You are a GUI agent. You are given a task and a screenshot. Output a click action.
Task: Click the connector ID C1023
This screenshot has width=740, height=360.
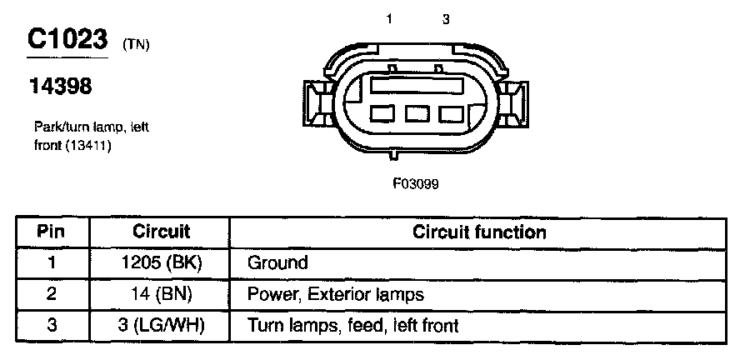(68, 39)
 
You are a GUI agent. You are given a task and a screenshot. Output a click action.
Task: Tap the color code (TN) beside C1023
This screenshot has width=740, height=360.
(135, 45)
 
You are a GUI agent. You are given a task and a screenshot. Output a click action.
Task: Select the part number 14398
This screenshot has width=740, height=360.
(62, 85)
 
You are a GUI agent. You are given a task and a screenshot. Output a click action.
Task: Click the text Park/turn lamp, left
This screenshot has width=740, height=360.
(91, 127)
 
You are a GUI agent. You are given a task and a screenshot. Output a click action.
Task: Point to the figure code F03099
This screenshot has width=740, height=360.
(416, 184)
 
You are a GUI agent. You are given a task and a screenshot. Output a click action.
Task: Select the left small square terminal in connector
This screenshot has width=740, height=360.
(383, 114)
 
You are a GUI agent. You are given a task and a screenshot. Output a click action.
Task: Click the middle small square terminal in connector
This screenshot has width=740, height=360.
(417, 114)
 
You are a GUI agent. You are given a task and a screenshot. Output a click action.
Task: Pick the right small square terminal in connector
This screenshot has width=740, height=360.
(451, 114)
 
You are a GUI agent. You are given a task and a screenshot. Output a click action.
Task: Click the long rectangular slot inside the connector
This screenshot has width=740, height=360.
(417, 85)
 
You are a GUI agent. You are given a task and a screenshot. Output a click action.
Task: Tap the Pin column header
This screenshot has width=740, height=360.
(52, 232)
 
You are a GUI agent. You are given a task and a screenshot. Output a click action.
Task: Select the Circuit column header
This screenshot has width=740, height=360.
(161, 232)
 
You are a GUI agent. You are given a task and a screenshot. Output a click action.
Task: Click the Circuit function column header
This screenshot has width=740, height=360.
(479, 232)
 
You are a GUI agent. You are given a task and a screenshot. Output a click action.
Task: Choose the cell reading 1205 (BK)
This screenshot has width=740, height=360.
(161, 263)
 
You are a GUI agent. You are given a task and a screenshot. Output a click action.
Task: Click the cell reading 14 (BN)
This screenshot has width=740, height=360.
(161, 294)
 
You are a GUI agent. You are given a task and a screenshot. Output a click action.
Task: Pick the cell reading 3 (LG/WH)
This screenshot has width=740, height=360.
(161, 325)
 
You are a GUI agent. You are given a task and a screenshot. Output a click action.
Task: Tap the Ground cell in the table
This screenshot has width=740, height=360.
(278, 263)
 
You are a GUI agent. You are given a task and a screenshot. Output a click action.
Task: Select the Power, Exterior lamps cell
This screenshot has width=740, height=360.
(336, 294)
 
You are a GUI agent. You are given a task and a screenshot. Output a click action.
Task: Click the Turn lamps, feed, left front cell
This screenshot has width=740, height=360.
(353, 325)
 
